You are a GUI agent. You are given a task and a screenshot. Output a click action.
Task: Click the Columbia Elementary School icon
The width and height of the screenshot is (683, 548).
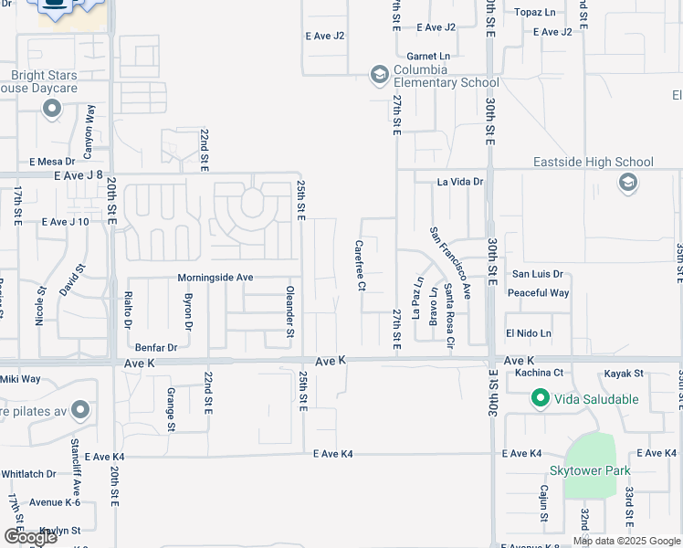pos(380,75)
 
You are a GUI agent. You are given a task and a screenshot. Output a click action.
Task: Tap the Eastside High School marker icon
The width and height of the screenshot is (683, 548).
pos(627,184)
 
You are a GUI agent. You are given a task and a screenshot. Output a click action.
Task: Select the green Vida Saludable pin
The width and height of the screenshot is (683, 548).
pos(540,399)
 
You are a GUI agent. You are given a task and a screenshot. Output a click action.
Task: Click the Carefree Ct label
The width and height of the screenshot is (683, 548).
pos(360,266)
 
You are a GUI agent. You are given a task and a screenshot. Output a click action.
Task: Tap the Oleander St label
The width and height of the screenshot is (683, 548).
pos(289,313)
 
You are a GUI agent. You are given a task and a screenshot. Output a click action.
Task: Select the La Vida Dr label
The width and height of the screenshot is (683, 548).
pos(459,182)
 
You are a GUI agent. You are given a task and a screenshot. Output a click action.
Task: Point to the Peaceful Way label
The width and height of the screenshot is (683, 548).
pos(539,293)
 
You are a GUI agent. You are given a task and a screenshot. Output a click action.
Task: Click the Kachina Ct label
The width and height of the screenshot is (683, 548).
pos(540,373)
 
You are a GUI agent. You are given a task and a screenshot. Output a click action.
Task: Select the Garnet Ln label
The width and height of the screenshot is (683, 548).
pos(428,56)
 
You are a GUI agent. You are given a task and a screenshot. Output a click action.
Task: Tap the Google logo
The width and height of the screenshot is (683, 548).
pos(30,537)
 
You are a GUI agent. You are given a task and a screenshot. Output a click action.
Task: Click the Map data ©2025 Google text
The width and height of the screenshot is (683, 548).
pos(626,541)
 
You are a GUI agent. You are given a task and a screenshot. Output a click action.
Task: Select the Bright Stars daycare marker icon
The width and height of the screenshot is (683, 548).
pos(51,110)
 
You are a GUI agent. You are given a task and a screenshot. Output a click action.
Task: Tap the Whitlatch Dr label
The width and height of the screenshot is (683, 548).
pos(28,474)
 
